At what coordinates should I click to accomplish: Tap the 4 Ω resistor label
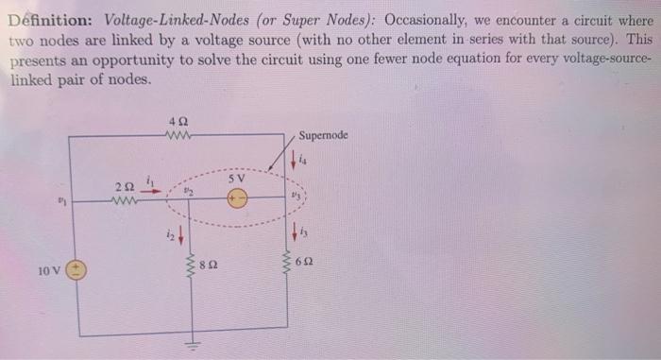(x=176, y=122)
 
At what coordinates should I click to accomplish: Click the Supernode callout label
(x=324, y=135)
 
